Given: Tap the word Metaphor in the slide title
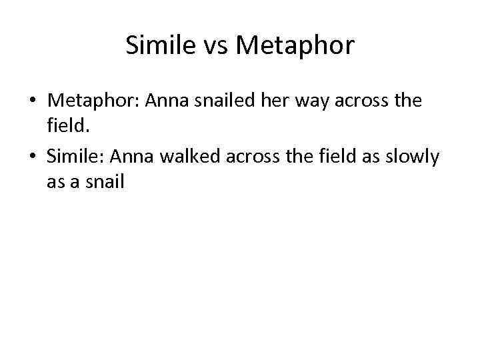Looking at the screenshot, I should pyautogui.click(x=295, y=45).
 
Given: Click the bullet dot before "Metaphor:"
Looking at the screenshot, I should pyautogui.click(x=32, y=101).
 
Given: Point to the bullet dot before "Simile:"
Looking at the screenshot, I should pyautogui.click(x=32, y=157).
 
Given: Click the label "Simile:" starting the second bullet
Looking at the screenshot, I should pyautogui.click(x=75, y=157).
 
